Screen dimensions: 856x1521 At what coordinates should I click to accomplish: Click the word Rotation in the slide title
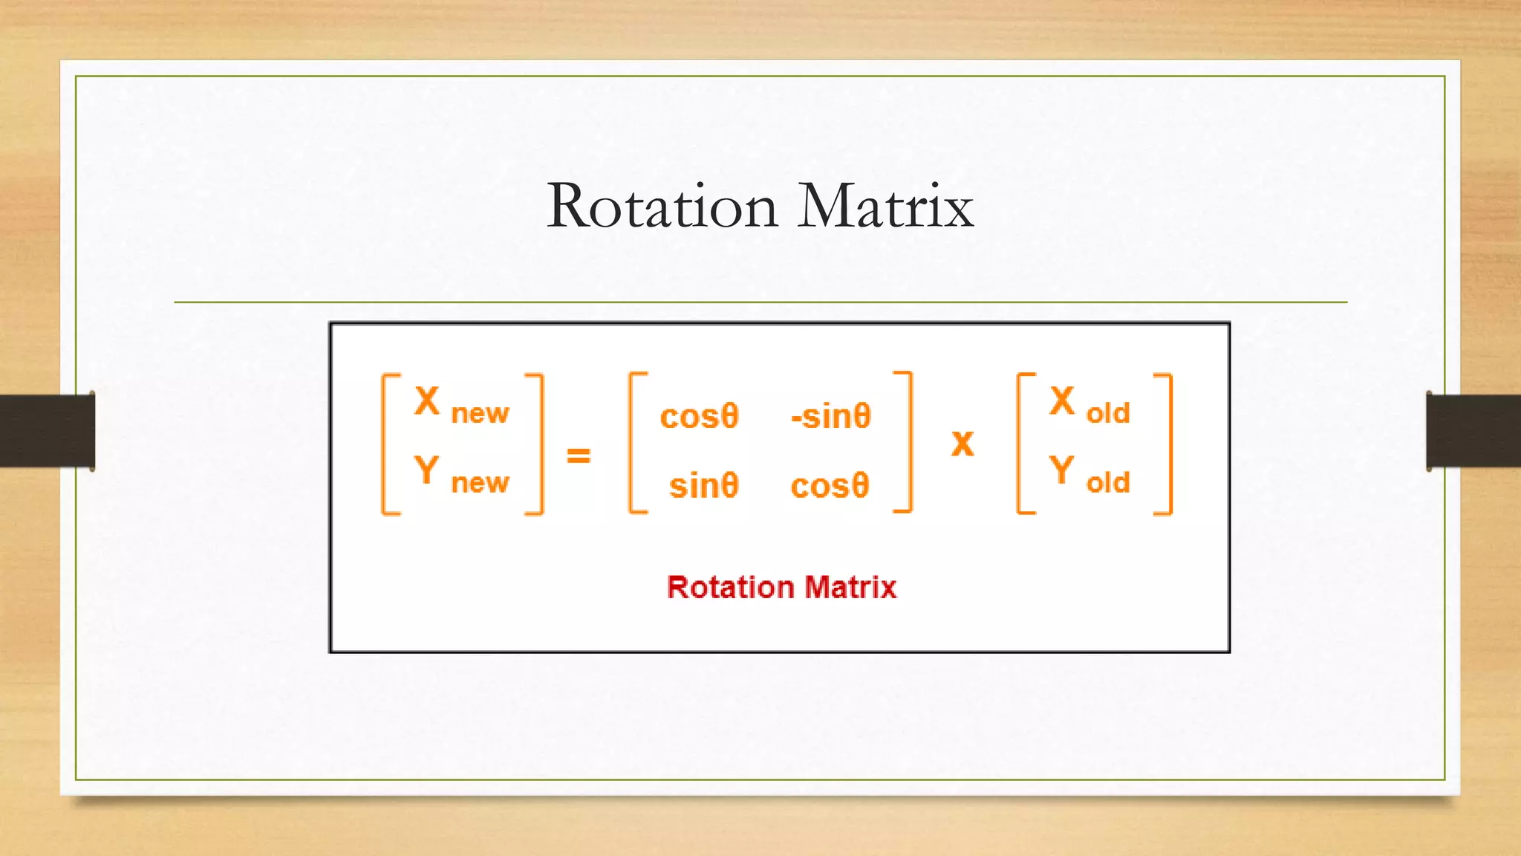662,207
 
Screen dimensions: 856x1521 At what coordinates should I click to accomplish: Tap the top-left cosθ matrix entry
699,416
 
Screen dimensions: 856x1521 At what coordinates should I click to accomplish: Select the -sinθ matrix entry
830,416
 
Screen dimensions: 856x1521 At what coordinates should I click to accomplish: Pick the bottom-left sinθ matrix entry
703,486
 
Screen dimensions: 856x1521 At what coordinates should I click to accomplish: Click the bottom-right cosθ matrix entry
830,486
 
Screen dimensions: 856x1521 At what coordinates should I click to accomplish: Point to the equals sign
579,455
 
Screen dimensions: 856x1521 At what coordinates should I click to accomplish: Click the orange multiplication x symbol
963,444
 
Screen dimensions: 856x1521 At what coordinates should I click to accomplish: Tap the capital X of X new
427,402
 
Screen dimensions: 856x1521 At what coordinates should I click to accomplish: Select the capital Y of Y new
426,471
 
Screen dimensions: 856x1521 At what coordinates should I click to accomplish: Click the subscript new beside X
480,414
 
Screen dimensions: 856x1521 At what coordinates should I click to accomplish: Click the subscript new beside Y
480,484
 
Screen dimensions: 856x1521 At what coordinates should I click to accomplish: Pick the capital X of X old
1062,402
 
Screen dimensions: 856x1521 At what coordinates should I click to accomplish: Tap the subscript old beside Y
1108,483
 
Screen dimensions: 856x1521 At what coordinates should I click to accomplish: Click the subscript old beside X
1108,413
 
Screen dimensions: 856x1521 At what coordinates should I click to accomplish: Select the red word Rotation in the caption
730,588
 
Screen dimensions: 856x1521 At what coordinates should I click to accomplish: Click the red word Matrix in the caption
850,588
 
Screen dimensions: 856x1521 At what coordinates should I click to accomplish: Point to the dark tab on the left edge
47,431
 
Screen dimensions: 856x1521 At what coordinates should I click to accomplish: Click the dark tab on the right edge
1473,431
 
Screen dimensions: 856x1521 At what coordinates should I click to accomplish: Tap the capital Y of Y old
1062,471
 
